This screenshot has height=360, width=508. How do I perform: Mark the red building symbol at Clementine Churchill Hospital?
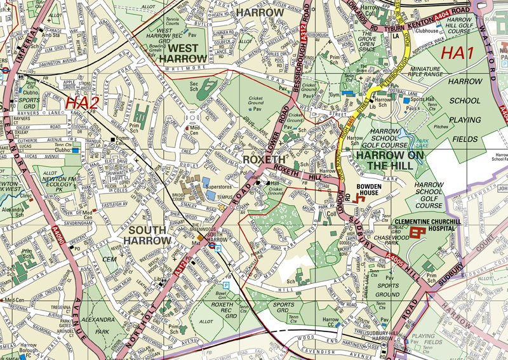pos(417,233)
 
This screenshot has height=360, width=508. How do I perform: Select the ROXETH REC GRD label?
pos(224,309)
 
